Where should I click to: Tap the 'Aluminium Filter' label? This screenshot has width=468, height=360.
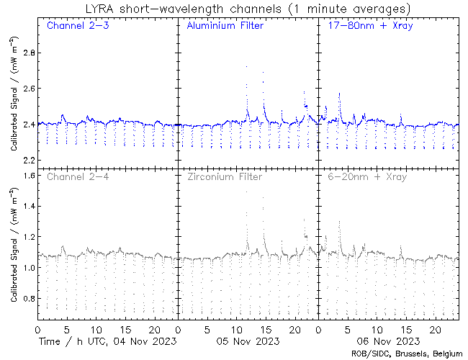[x=225, y=26]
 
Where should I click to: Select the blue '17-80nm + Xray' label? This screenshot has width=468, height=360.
[x=368, y=26]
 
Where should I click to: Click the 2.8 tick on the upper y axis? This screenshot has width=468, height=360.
[x=26, y=53]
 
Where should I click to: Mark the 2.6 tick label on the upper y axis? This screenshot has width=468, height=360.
[x=26, y=89]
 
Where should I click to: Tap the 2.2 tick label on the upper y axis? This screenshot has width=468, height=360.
[x=26, y=160]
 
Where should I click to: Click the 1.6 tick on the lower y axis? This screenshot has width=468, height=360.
[x=26, y=176]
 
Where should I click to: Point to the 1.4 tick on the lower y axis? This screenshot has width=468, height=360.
[x=26, y=207]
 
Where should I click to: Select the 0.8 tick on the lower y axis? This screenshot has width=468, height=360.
[x=26, y=299]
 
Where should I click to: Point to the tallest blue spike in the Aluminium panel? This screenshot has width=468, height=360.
[x=246, y=67]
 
